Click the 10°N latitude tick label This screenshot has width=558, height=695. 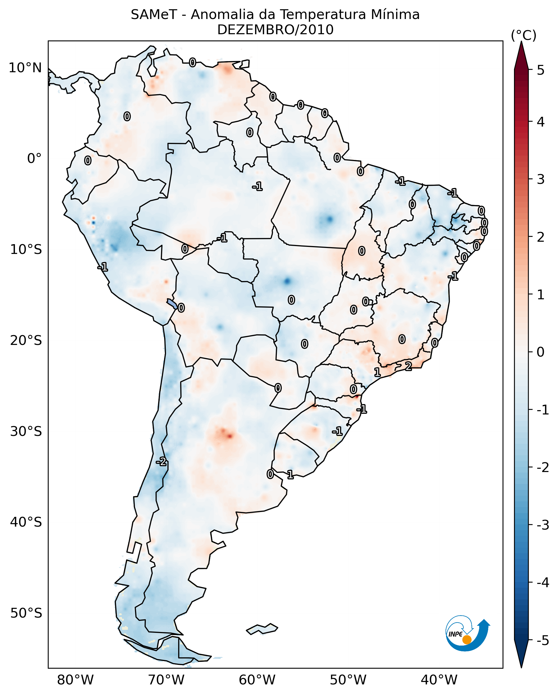pyautogui.click(x=25, y=68)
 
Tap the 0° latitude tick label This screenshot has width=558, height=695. pyautogui.click(x=34, y=159)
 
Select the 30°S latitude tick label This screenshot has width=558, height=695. pyautogui.click(x=26, y=431)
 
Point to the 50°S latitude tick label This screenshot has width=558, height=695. pyautogui.click(x=26, y=613)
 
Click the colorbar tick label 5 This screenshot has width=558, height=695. pyautogui.click(x=541, y=70)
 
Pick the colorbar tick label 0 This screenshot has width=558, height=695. pyautogui.click(x=541, y=352)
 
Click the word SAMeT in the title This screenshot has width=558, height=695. pyautogui.click(x=153, y=15)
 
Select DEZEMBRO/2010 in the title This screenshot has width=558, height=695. pyautogui.click(x=275, y=30)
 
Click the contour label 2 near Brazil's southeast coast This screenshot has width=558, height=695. pyautogui.click(x=408, y=367)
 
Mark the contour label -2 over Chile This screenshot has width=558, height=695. pyautogui.click(x=161, y=462)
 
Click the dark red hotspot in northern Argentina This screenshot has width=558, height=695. pyautogui.click(x=229, y=436)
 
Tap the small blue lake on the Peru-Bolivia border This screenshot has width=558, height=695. pyautogui.click(x=172, y=304)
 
